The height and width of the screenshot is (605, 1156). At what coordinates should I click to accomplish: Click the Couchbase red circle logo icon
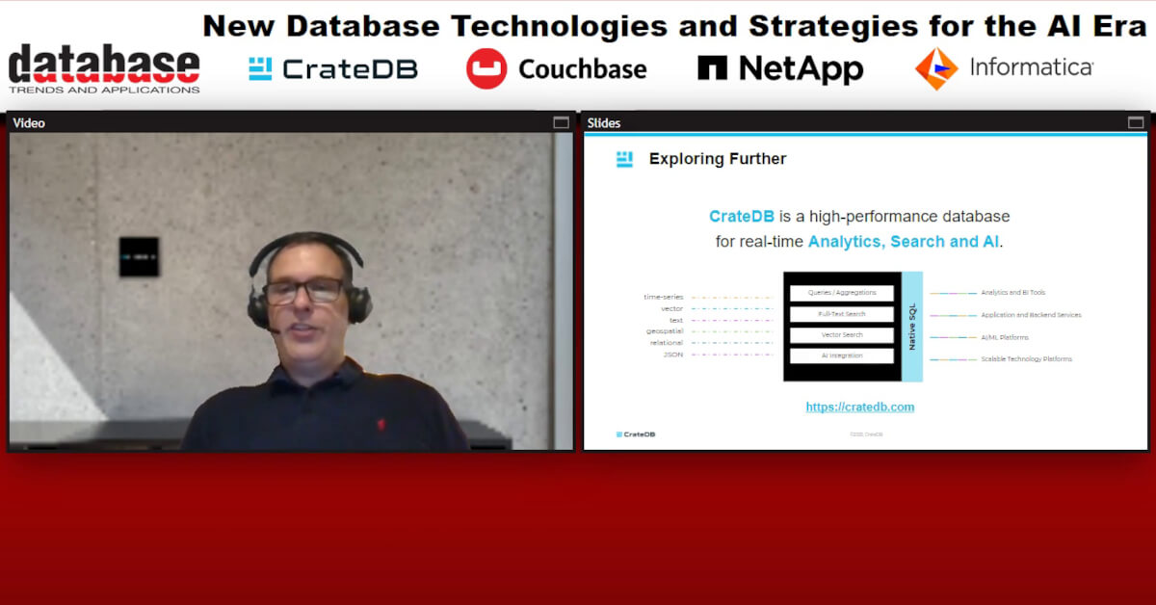click(x=486, y=68)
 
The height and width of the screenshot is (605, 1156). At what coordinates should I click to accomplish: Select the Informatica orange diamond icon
click(x=936, y=68)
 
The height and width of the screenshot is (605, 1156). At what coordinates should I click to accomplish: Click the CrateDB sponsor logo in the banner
click(x=332, y=68)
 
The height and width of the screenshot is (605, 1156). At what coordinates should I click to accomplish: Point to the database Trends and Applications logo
click(x=104, y=68)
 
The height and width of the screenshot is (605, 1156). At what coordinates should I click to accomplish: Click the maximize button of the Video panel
click(x=561, y=122)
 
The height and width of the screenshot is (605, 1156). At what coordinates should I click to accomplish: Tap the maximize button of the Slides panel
click(x=1136, y=122)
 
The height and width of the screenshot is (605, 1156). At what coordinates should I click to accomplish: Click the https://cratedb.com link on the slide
click(x=860, y=407)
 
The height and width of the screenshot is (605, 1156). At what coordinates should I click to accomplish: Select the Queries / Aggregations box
click(x=842, y=293)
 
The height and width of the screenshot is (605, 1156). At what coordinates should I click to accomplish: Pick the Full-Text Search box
click(x=842, y=314)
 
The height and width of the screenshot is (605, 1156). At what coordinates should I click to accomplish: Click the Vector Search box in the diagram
click(x=842, y=335)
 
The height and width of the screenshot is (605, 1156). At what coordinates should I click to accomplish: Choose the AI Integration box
click(x=842, y=355)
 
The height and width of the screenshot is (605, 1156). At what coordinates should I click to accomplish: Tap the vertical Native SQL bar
click(x=912, y=327)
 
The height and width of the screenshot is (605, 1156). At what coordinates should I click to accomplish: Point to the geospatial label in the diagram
click(x=665, y=331)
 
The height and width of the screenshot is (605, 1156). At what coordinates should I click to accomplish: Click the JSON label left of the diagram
click(x=672, y=355)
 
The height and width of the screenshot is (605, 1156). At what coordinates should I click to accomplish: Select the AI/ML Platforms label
click(x=1005, y=337)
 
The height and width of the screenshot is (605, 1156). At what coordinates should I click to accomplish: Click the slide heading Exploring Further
click(x=718, y=159)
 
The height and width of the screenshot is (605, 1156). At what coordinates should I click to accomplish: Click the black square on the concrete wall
click(x=139, y=256)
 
